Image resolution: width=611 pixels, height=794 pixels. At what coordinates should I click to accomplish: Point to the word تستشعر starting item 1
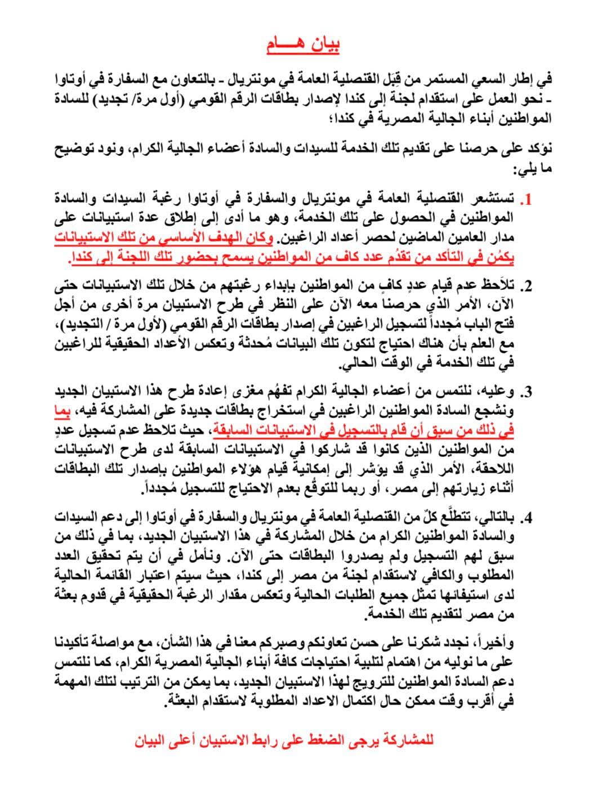488,200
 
